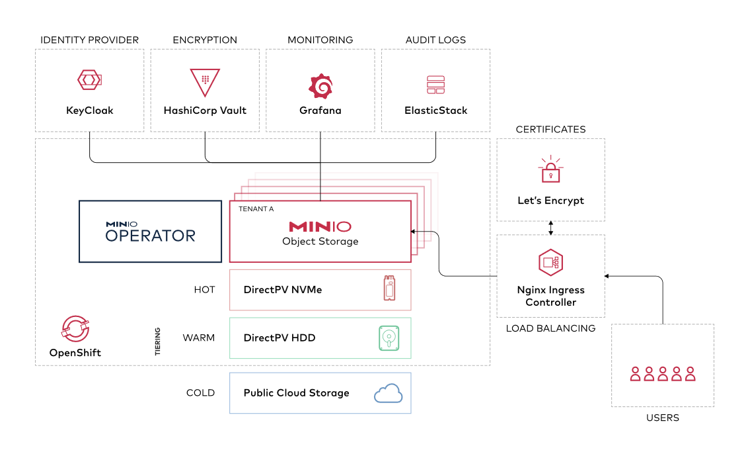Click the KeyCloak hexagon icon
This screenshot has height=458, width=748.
point(90,80)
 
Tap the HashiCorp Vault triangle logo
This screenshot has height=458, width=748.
point(205,82)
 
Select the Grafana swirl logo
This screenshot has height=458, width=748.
point(320,86)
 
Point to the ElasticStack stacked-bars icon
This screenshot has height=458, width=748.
point(435,85)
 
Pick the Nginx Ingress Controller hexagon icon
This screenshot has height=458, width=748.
point(551,262)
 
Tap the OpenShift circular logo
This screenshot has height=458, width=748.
point(75,328)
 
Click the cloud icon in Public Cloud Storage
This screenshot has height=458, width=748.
point(389,393)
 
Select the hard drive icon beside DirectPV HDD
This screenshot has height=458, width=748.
point(389,338)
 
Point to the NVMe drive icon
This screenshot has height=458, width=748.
point(390,288)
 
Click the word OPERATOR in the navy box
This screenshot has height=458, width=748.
point(150,236)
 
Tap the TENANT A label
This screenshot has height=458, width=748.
point(256,209)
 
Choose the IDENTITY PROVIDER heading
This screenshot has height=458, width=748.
point(90,40)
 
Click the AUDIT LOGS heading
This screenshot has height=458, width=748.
point(435,40)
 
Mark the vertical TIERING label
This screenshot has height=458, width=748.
point(157,342)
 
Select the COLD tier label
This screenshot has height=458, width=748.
point(200,393)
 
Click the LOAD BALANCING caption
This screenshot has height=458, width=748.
point(550,328)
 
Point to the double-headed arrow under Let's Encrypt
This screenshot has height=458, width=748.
point(551,228)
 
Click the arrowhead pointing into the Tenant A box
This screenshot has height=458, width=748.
point(413,232)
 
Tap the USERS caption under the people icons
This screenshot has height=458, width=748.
point(663,418)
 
